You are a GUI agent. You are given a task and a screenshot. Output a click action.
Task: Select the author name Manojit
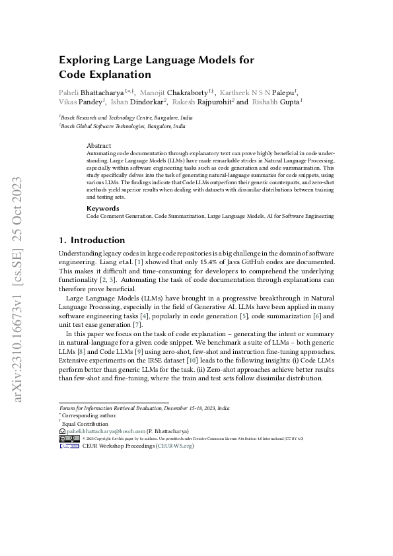point(160,92)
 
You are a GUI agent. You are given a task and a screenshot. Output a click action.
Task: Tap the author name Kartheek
point(236,92)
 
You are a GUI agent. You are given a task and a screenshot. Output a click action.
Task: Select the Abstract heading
point(99,145)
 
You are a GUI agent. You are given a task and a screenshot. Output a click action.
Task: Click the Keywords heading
point(103,208)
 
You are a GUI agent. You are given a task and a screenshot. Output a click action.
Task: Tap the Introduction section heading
point(97,240)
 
